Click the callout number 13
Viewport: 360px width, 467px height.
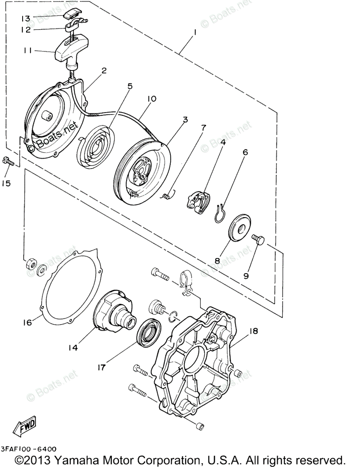(25, 18)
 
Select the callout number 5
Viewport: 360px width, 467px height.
(130, 86)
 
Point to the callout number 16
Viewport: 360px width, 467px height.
(26, 323)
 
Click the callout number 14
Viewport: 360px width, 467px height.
(73, 348)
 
